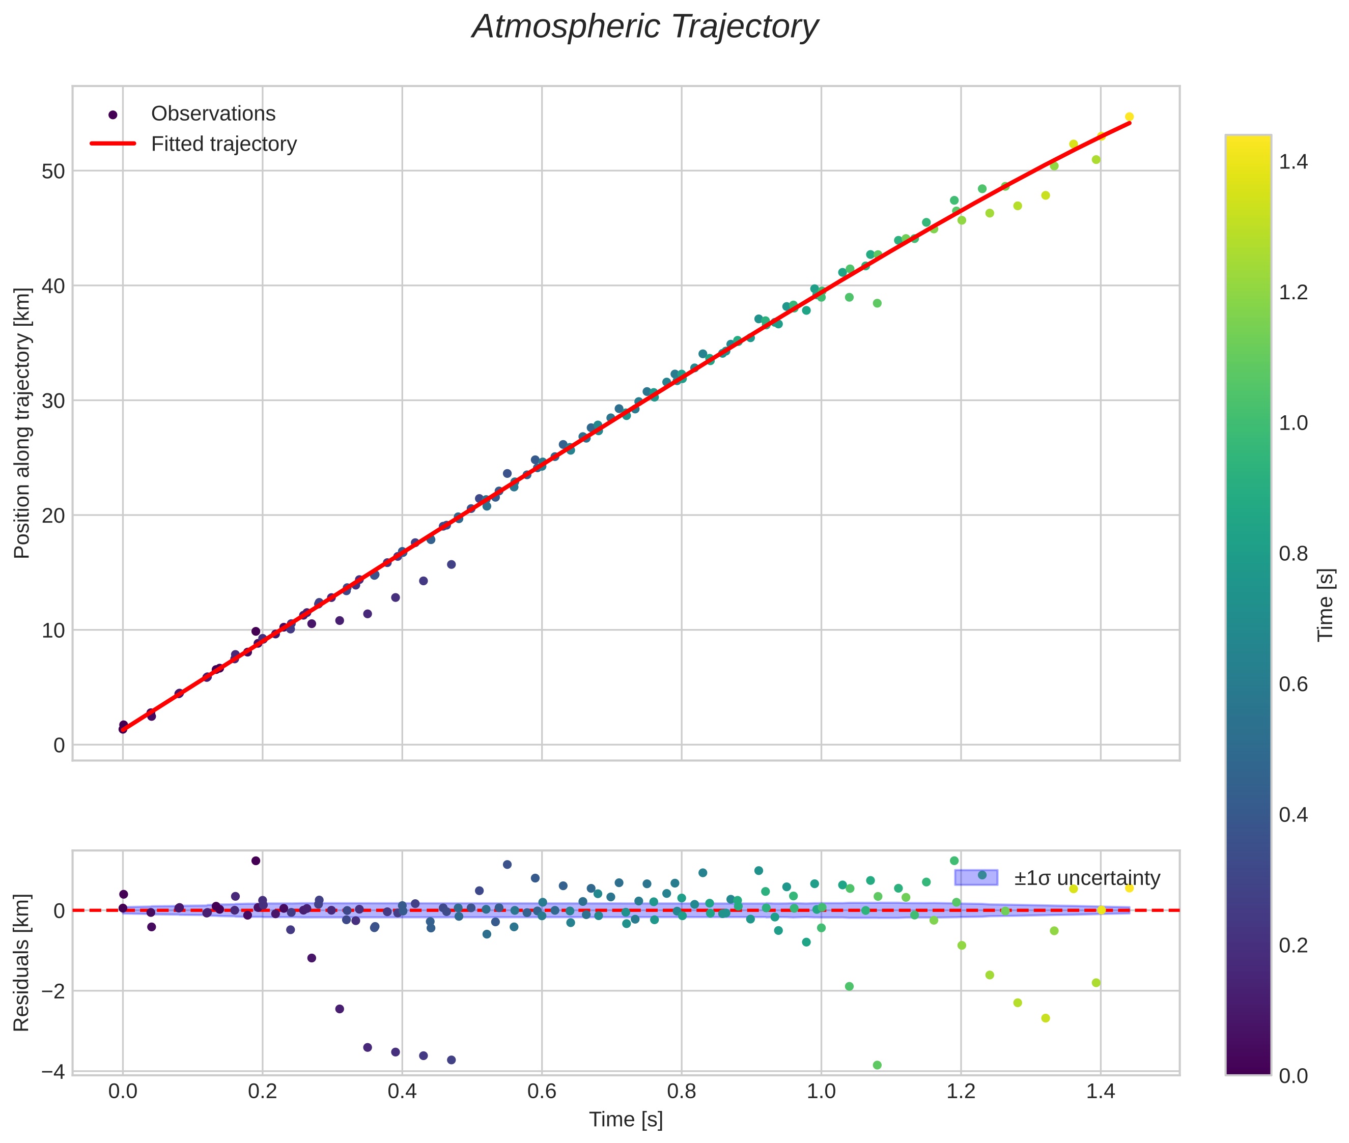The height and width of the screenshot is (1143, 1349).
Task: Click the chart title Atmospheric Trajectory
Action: click(x=644, y=27)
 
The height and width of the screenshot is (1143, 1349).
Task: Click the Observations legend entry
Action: click(x=213, y=114)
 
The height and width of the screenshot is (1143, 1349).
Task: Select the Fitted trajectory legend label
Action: click(x=223, y=144)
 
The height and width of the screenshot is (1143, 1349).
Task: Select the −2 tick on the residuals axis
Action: click(x=52, y=991)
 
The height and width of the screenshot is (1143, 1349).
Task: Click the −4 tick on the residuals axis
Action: click(x=52, y=1072)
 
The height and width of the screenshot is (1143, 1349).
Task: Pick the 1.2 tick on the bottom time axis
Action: click(x=960, y=1092)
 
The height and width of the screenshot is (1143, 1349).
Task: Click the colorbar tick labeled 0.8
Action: click(x=1293, y=554)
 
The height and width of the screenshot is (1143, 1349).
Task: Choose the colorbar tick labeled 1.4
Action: click(x=1293, y=162)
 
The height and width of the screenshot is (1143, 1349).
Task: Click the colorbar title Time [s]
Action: click(x=1326, y=605)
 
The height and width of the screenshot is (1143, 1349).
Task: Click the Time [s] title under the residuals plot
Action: click(x=626, y=1120)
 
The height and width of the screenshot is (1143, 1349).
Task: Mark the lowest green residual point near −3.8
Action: click(x=877, y=1065)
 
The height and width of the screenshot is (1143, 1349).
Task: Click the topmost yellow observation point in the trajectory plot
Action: click(x=1129, y=117)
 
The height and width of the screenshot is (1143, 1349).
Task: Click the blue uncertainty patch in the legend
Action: click(x=976, y=877)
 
